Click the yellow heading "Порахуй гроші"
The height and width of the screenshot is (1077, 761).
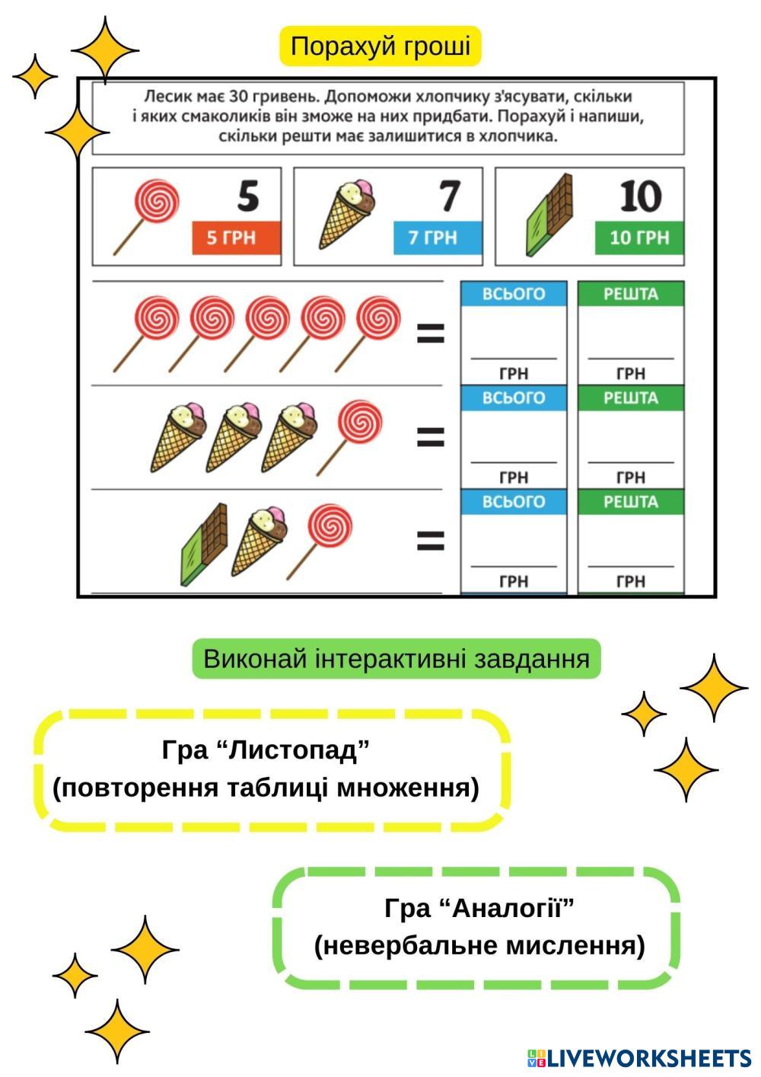[380, 46]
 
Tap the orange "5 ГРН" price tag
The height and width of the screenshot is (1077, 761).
[237, 238]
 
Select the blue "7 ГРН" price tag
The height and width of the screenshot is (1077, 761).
[438, 238]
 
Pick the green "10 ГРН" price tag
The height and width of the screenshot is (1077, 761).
[639, 238]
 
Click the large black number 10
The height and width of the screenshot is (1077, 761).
[640, 197]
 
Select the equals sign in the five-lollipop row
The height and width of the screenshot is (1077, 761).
[431, 333]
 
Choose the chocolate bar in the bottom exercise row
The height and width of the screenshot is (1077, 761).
[204, 543]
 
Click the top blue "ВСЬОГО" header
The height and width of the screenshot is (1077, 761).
[514, 294]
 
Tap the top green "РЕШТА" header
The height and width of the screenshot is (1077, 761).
[631, 294]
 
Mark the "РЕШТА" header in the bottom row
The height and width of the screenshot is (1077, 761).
[631, 502]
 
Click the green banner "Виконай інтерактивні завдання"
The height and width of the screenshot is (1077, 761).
[396, 659]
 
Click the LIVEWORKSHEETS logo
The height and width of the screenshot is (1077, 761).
[639, 1058]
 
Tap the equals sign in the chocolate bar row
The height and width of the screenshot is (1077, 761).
[431, 541]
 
